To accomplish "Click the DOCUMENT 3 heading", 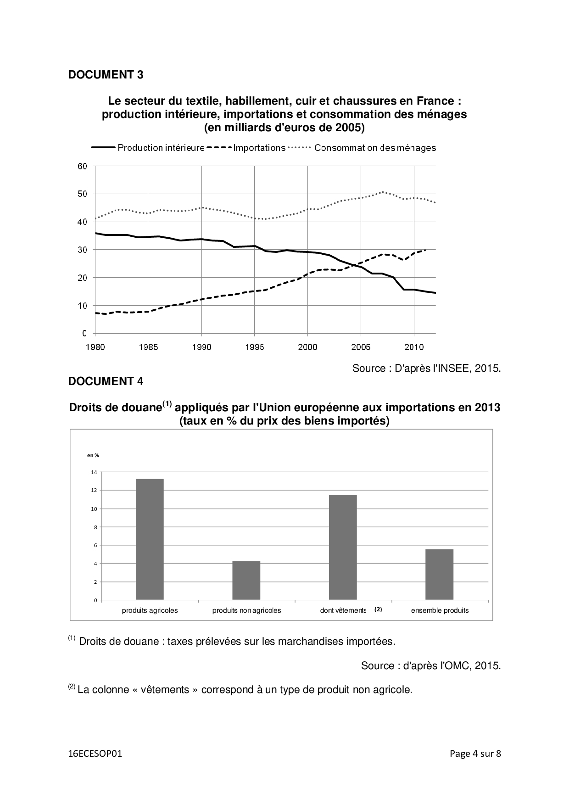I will click(x=106, y=75).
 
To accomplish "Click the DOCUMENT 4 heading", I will click(x=106, y=381).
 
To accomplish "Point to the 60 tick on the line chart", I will click(x=82, y=166).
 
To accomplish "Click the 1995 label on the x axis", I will click(x=254, y=347).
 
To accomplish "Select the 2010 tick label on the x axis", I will click(x=414, y=347).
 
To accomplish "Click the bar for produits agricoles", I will click(x=150, y=539).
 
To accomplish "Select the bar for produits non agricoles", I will click(x=246, y=581).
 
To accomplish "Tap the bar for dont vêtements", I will click(x=343, y=547).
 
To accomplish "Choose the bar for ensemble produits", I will click(x=440, y=575).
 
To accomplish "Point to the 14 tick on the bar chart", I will click(x=94, y=472).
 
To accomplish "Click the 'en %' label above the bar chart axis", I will click(x=93, y=455).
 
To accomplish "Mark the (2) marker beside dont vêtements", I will click(x=378, y=609).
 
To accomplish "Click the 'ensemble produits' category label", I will click(x=440, y=610).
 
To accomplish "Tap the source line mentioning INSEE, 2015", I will click(x=426, y=368).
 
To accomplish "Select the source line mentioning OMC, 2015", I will click(x=430, y=665).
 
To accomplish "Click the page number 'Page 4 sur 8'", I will click(x=475, y=754).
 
